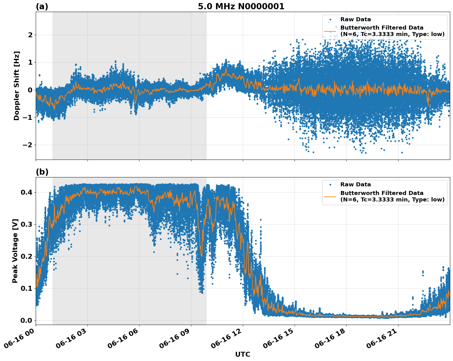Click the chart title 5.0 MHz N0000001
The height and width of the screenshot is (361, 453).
[x=241, y=6]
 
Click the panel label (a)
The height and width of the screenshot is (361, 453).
[x=42, y=6]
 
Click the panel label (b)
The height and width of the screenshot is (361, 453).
[x=42, y=172]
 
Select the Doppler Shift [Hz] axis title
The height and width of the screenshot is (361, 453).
[x=17, y=86]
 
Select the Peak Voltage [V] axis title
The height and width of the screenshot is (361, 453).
[x=15, y=251]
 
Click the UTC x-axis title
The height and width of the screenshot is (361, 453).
[x=243, y=354]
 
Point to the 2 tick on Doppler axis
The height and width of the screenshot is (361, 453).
[x=30, y=35]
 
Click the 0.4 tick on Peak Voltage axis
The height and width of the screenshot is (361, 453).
[x=27, y=192]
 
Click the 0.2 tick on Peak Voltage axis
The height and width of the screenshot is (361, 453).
[x=27, y=256]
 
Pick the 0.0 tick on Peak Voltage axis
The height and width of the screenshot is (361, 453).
[x=27, y=320]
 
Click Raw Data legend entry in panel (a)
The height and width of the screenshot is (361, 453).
[x=355, y=19]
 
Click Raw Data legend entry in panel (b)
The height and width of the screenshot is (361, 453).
[x=355, y=185]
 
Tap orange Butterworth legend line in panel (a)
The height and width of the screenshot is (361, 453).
[x=330, y=31]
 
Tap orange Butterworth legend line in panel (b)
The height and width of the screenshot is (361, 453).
[x=330, y=196]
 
